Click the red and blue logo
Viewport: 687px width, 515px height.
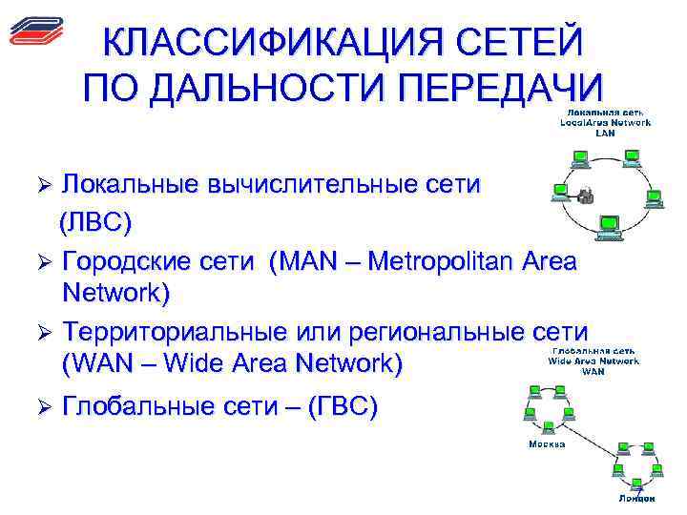point(34,31)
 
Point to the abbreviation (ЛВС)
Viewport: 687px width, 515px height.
point(96,222)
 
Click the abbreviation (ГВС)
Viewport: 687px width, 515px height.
point(340,408)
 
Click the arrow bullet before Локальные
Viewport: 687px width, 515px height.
point(39,184)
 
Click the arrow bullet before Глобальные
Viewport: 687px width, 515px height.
point(39,409)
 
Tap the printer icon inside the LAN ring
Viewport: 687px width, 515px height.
point(586,196)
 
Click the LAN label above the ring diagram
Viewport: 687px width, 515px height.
point(605,133)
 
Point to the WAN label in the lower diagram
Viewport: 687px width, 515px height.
point(593,371)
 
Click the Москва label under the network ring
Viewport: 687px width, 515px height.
point(547,444)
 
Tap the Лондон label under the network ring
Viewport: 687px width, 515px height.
point(635,498)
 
